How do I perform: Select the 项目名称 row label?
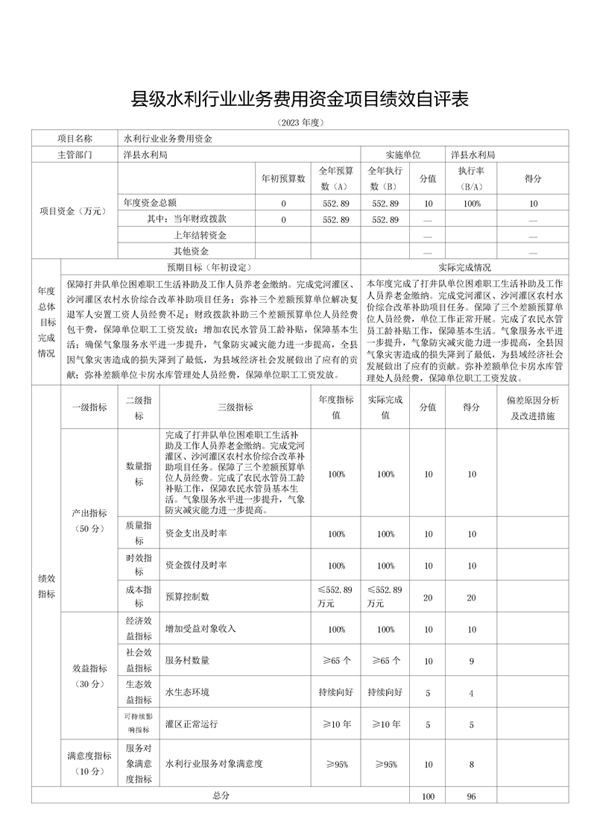click(75, 139)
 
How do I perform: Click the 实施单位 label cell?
click(402, 155)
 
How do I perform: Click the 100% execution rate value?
click(471, 204)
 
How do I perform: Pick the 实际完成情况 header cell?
click(464, 267)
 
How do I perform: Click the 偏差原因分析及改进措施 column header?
click(532, 407)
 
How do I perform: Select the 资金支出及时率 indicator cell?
click(197, 533)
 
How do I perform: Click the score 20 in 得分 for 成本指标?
click(471, 597)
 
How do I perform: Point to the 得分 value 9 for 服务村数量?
click(471, 660)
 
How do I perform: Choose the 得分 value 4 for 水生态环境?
click(471, 693)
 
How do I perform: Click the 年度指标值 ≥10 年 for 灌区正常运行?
click(336, 724)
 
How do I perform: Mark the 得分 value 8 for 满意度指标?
click(471, 764)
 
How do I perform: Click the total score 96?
click(471, 797)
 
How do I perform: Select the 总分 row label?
click(221, 796)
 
